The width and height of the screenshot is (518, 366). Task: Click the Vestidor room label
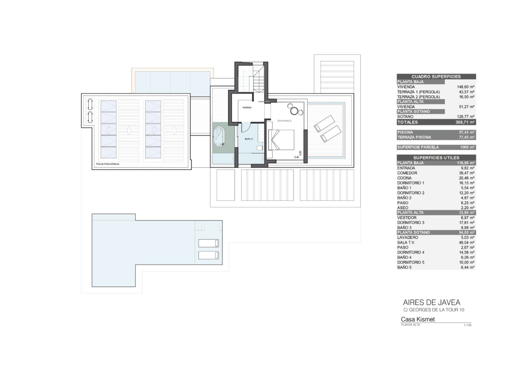(247, 108)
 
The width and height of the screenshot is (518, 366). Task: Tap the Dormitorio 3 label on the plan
(284, 121)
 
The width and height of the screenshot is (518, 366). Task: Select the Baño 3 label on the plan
(249, 139)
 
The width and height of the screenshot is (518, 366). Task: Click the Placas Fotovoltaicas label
(108, 164)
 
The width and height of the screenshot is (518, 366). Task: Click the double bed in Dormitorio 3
(281, 140)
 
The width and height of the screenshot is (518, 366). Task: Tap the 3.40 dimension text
(296, 157)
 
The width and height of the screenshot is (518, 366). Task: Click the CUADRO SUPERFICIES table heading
(436, 77)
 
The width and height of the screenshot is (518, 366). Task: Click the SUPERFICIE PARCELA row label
(418, 147)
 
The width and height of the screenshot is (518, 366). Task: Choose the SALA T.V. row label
(406, 243)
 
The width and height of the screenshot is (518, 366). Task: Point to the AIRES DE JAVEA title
(432, 302)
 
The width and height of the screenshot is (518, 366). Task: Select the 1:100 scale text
(468, 325)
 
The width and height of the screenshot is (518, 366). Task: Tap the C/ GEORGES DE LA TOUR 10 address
(434, 310)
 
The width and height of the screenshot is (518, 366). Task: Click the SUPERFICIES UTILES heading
(436, 158)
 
